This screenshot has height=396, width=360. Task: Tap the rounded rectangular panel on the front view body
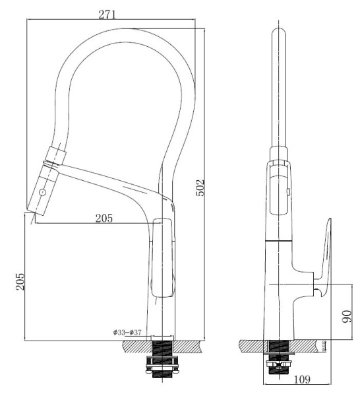[x=163, y=259]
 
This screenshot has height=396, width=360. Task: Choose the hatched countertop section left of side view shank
[x=251, y=346]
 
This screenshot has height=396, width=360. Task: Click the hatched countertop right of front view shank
[x=191, y=346]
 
